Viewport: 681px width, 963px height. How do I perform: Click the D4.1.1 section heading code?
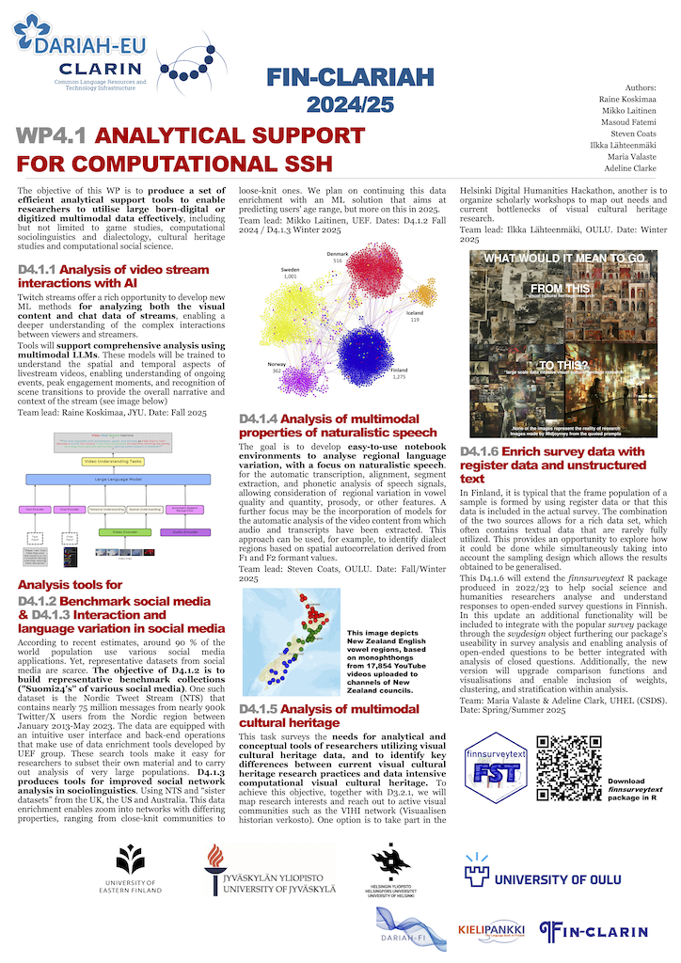tap(41, 270)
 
